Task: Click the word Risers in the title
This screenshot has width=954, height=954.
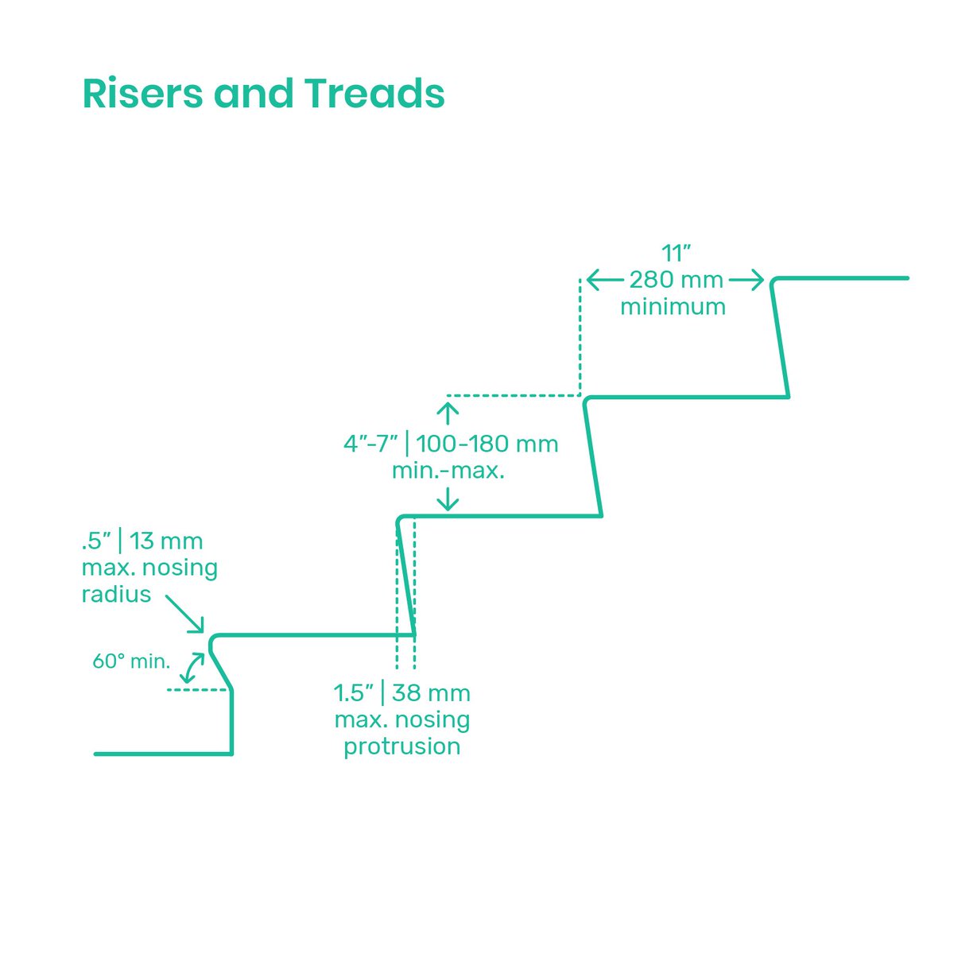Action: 142,94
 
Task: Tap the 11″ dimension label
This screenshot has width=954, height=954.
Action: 677,254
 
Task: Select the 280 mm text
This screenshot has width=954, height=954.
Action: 677,280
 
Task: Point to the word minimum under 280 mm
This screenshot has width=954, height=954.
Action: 673,307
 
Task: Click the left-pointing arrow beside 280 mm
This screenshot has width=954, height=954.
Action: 604,280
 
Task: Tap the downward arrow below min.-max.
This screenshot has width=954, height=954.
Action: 448,498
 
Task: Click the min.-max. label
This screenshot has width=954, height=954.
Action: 448,470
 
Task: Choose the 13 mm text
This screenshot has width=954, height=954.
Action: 166,541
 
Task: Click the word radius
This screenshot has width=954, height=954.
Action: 116,594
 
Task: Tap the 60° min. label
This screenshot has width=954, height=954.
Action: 131,661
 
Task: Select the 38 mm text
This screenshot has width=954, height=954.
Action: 431,693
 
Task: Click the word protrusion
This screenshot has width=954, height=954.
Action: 401,747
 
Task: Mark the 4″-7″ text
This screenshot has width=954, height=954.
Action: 370,444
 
